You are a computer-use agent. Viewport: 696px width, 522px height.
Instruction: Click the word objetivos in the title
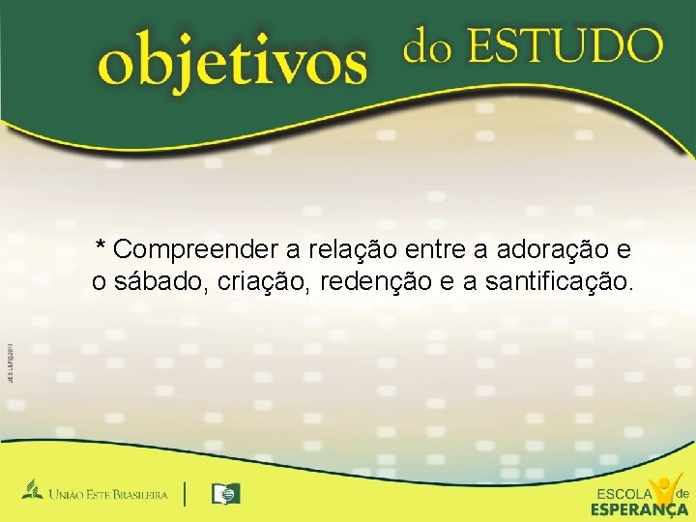tap(232, 63)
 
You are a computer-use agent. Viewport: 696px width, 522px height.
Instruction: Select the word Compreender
tap(195, 250)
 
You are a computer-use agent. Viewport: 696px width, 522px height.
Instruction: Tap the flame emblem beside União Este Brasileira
tap(36, 493)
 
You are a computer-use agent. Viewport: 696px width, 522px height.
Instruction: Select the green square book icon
tap(226, 494)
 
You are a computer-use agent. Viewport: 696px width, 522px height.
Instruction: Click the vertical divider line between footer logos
tap(186, 493)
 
